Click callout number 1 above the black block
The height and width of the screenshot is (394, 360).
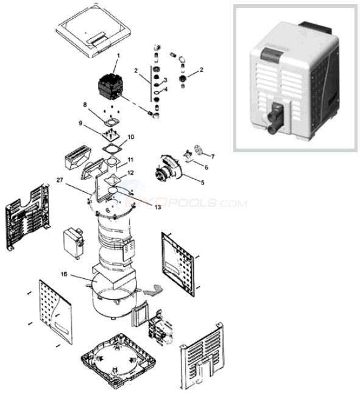click(118, 56)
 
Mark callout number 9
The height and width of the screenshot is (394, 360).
click(96, 123)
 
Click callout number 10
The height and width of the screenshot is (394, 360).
click(130, 137)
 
